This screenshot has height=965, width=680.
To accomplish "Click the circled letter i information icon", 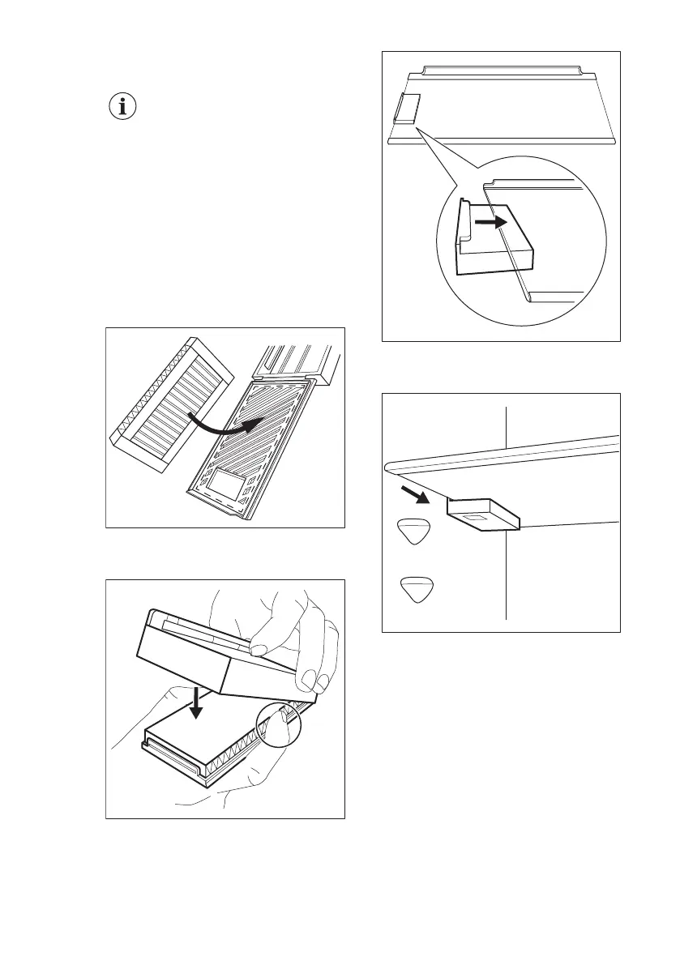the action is coord(122,108).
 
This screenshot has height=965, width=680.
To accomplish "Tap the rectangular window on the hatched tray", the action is coord(225,488).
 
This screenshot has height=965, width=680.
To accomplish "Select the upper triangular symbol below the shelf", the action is coord(414,532).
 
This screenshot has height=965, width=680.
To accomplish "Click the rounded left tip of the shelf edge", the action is coord(389,465).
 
